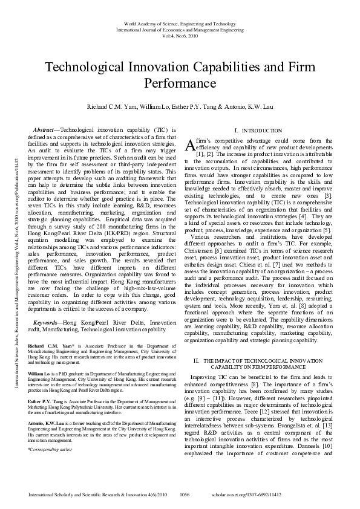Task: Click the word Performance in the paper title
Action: [x=180, y=82]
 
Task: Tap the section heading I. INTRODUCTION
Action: [x=258, y=131]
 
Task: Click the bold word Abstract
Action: [x=44, y=130]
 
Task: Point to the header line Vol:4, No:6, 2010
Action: [x=180, y=35]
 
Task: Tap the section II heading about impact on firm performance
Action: [x=258, y=363]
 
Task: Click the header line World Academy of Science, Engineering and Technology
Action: [x=180, y=23]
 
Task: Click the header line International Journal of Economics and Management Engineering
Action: [x=180, y=29]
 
